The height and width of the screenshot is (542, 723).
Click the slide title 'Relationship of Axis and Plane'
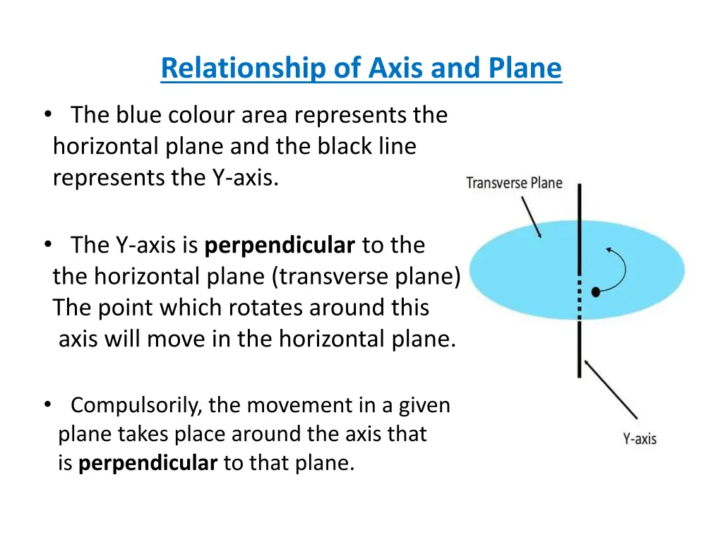coord(361,68)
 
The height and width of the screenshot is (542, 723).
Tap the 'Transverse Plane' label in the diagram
coord(514,183)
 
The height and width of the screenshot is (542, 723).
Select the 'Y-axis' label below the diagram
coord(639,439)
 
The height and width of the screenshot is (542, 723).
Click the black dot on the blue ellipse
coord(596,291)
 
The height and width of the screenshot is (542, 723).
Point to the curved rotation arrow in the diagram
coord(619,268)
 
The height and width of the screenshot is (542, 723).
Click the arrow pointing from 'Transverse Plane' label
coord(531,217)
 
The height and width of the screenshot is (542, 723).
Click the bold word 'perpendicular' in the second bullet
coord(280,246)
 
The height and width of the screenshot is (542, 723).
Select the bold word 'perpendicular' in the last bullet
coord(148,464)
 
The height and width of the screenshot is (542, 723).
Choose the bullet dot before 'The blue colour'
coord(47,114)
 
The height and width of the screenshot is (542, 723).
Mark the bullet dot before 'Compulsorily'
coord(47,404)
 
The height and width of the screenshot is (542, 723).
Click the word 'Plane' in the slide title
coord(525,68)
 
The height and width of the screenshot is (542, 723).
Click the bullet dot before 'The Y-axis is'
coord(47,245)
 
